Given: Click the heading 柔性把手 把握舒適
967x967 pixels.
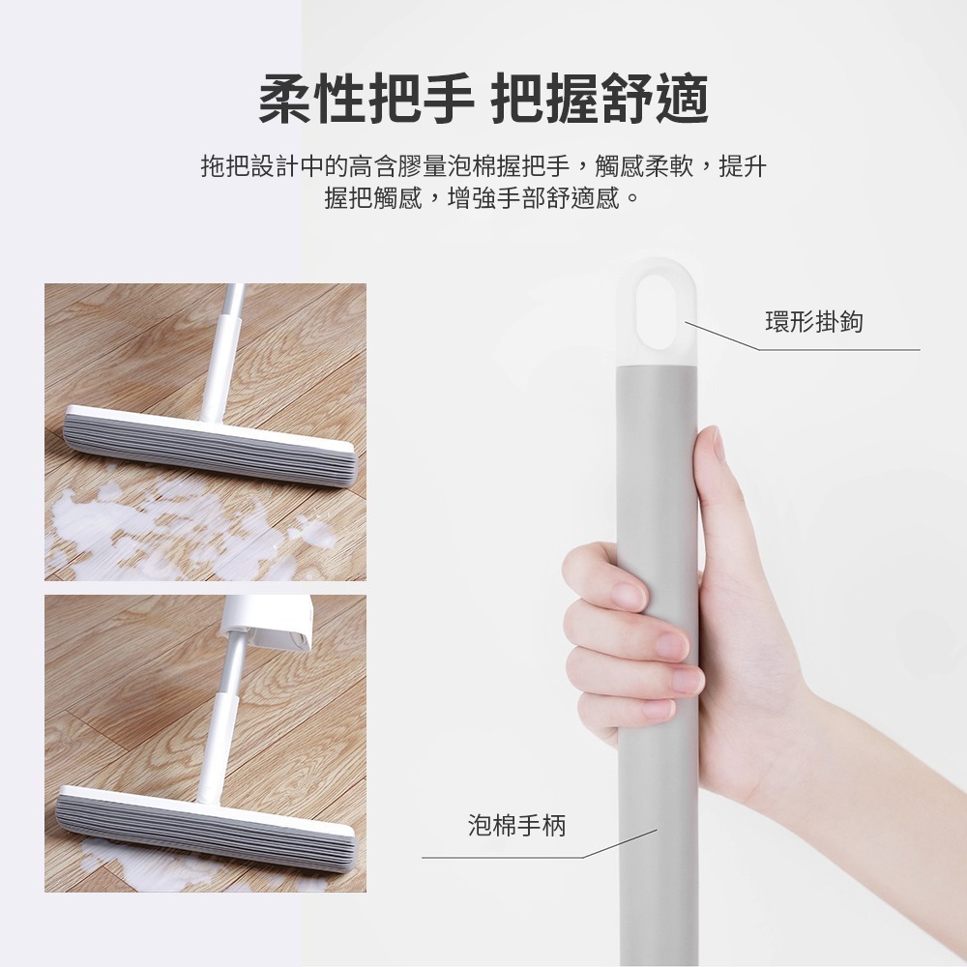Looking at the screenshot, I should click(x=483, y=100).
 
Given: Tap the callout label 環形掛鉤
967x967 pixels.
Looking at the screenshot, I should click(x=813, y=322).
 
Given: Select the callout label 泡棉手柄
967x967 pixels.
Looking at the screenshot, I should click(x=516, y=825).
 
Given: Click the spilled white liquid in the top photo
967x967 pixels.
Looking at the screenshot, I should click(x=145, y=527).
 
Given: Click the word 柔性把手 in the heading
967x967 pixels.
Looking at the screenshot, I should click(x=366, y=100).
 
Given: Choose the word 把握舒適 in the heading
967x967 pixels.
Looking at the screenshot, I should click(x=601, y=100).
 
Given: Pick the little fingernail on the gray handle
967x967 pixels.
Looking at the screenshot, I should click(x=658, y=711).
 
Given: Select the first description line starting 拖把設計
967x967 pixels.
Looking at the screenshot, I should click(x=483, y=166).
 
